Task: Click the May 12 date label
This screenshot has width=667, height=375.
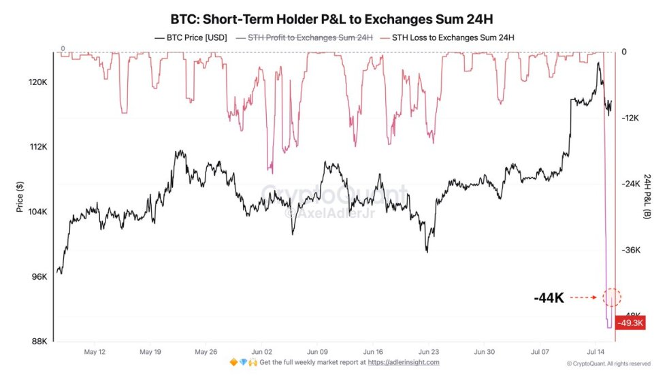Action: coord(94,353)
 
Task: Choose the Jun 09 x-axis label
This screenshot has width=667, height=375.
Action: coord(318,353)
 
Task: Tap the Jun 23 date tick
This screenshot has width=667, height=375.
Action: coord(429,353)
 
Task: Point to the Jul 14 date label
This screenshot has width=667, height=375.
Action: coord(596,353)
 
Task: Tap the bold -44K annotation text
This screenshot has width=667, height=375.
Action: coord(549,297)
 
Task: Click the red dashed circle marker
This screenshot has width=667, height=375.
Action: coord(611,297)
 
